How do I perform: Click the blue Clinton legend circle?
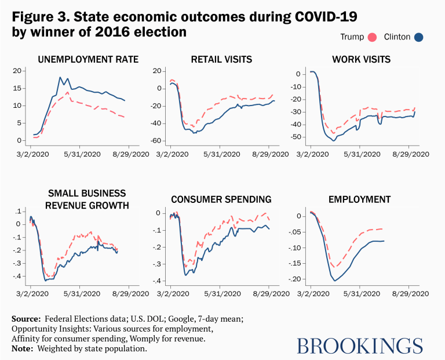[419, 38]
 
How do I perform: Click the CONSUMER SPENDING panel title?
[221, 200]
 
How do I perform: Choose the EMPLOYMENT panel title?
[359, 200]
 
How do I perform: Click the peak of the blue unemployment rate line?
[60, 77]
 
